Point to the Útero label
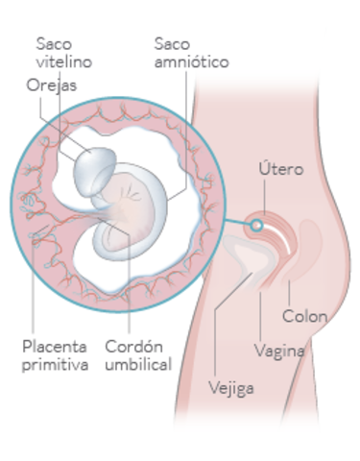[281, 170]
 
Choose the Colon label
[305, 316]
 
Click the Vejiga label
[232, 388]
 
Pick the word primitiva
[55, 365]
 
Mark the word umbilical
[138, 365]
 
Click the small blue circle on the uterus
[256, 225]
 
